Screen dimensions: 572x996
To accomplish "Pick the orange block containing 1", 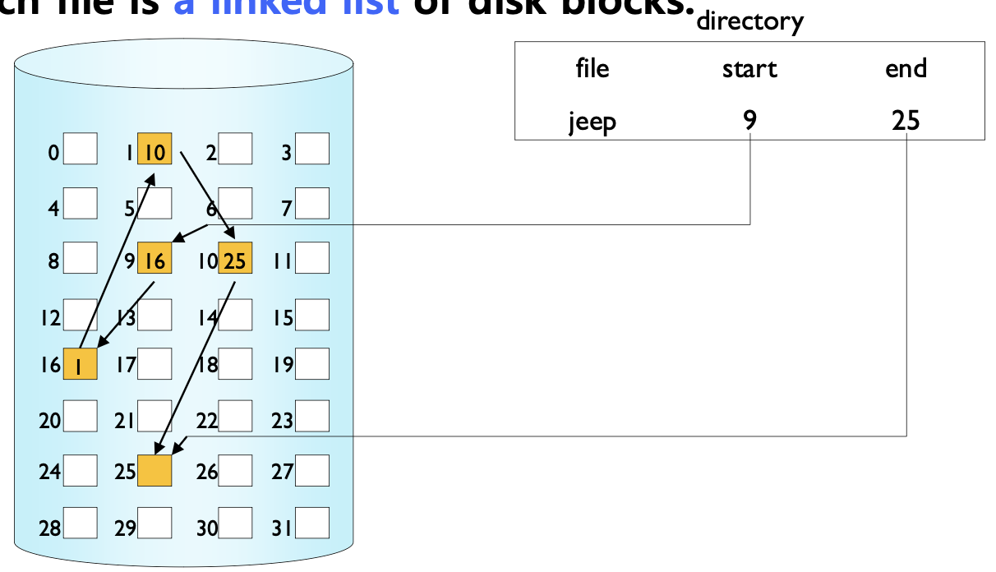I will click(80, 364).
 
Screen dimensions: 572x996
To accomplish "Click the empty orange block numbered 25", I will click(154, 470).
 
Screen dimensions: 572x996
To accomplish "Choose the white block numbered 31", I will click(312, 524).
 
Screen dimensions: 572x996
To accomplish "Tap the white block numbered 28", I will click(81, 524).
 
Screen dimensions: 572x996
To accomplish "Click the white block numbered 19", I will click(312, 362).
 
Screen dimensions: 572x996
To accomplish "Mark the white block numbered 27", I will click(312, 470).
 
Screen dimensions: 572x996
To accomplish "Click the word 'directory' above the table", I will click(749, 21).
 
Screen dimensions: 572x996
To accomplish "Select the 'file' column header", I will click(593, 68).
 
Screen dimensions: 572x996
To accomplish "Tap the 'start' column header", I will click(749, 69).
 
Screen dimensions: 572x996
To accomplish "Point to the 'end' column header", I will click(906, 68).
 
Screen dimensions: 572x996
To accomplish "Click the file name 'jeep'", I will click(593, 122).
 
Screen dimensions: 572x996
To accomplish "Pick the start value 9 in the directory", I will click(749, 122).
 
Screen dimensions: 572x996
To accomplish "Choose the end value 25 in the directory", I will click(906, 122).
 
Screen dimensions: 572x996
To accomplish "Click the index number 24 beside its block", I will click(50, 473).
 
